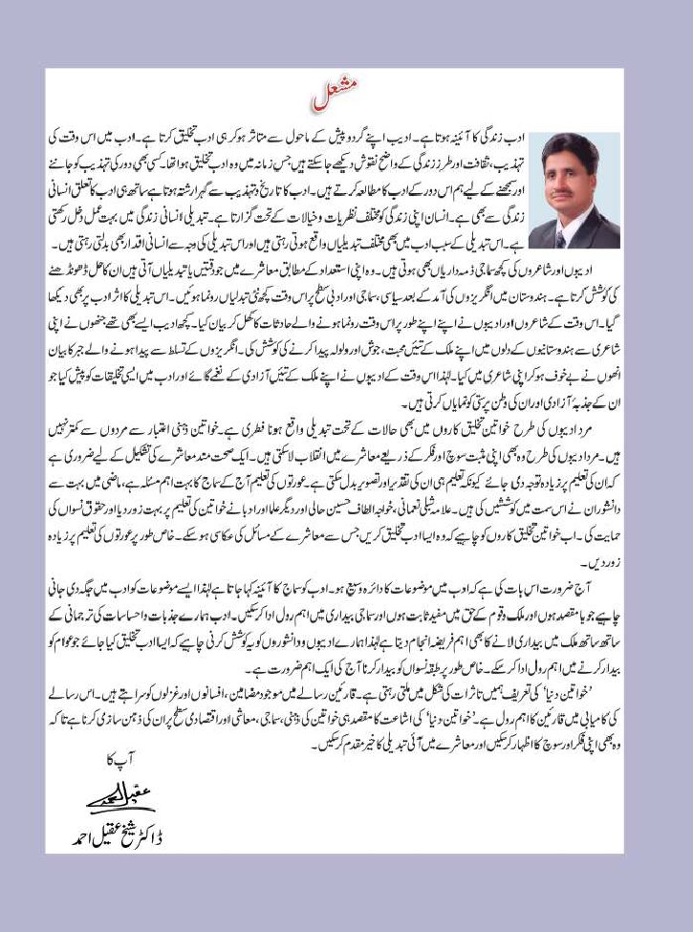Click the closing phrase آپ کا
pos(105,761)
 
